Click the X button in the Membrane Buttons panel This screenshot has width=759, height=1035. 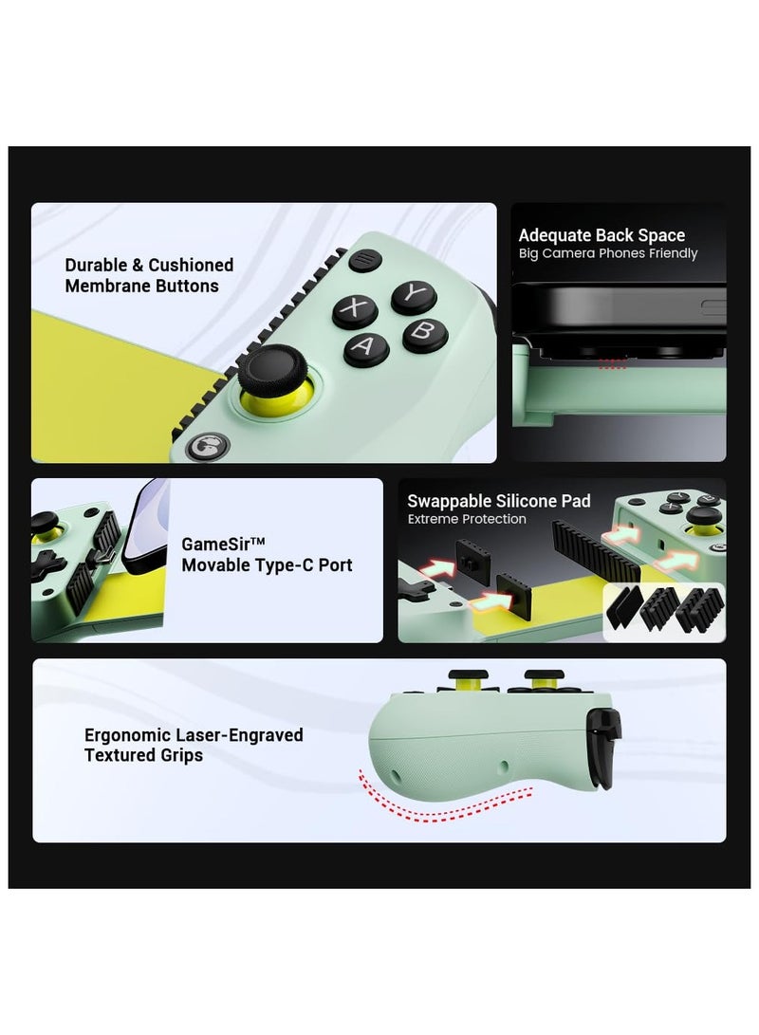pos(354,309)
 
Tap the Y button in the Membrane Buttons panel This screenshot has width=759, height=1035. pos(414,295)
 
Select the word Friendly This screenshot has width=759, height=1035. pos(668,253)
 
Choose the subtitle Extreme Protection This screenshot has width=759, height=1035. pos(467,519)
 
